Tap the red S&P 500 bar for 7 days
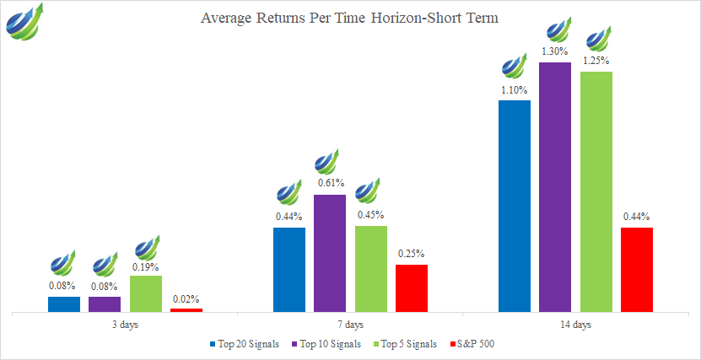click(x=412, y=288)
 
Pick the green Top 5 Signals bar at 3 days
click(x=146, y=293)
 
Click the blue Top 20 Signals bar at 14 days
click(x=515, y=207)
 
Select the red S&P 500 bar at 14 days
click(x=637, y=270)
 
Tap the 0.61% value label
click(x=331, y=183)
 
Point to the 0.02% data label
click(x=186, y=298)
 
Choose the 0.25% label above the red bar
click(x=412, y=254)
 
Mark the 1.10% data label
click(x=515, y=90)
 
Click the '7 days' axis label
click(x=350, y=325)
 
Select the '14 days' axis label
click(x=576, y=325)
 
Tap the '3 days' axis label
click(x=125, y=325)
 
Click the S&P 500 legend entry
click(x=474, y=344)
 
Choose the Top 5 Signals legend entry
click(x=407, y=344)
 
